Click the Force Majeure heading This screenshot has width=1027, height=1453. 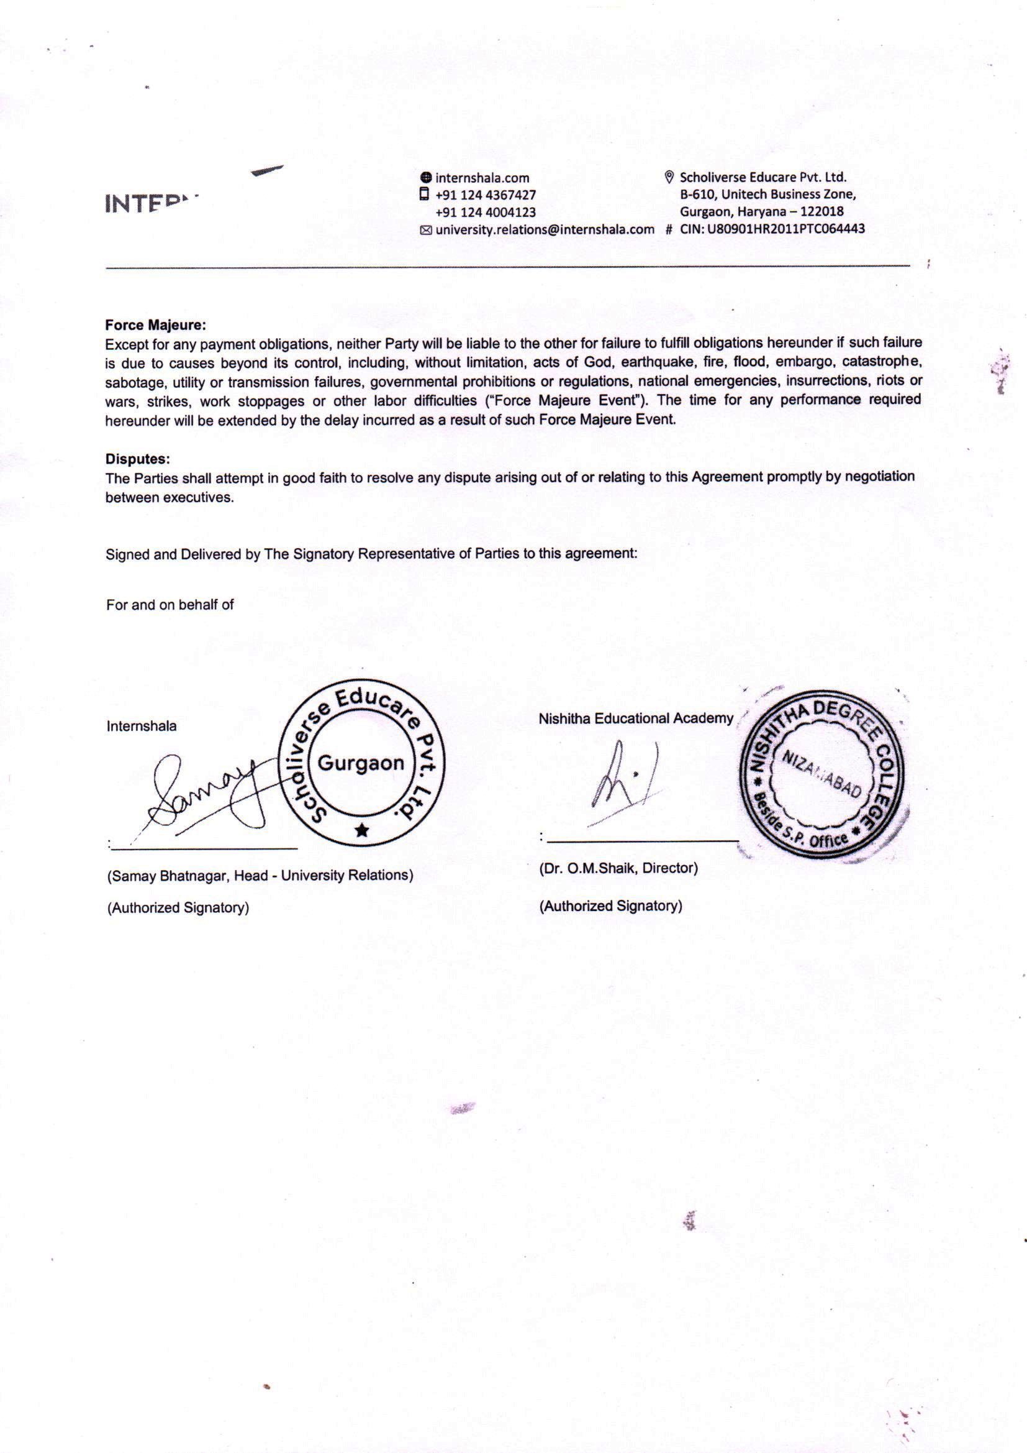point(156,325)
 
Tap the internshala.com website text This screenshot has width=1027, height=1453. point(482,178)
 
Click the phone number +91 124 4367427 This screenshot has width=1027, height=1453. point(486,195)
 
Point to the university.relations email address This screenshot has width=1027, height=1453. point(545,229)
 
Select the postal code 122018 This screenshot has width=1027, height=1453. point(822,211)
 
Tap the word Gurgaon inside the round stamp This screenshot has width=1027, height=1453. point(361,763)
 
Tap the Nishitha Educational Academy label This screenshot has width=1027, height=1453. point(636,718)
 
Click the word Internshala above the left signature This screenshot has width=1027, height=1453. point(142,726)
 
